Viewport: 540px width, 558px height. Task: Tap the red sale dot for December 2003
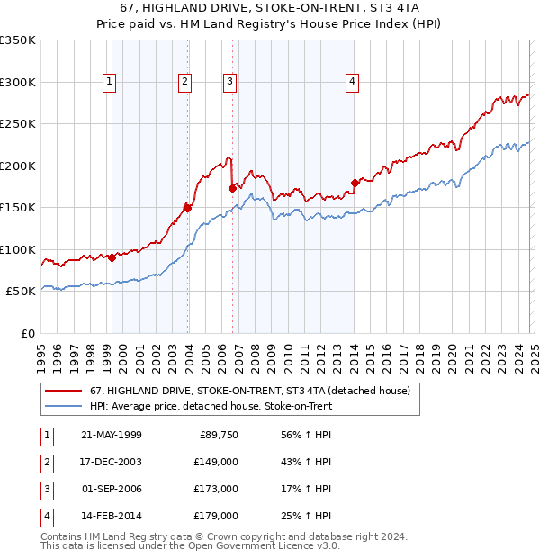coord(187,208)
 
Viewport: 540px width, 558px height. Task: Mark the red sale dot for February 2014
coord(355,183)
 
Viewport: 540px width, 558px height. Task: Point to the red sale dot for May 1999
coord(112,257)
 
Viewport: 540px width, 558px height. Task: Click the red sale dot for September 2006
coord(232,188)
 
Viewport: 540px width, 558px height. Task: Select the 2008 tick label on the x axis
coord(255,355)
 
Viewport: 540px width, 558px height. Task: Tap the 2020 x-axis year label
coord(452,355)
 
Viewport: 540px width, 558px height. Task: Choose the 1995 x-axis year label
coord(41,355)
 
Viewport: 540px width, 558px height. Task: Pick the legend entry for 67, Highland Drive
coord(249,391)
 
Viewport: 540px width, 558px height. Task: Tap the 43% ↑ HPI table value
coord(307,462)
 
